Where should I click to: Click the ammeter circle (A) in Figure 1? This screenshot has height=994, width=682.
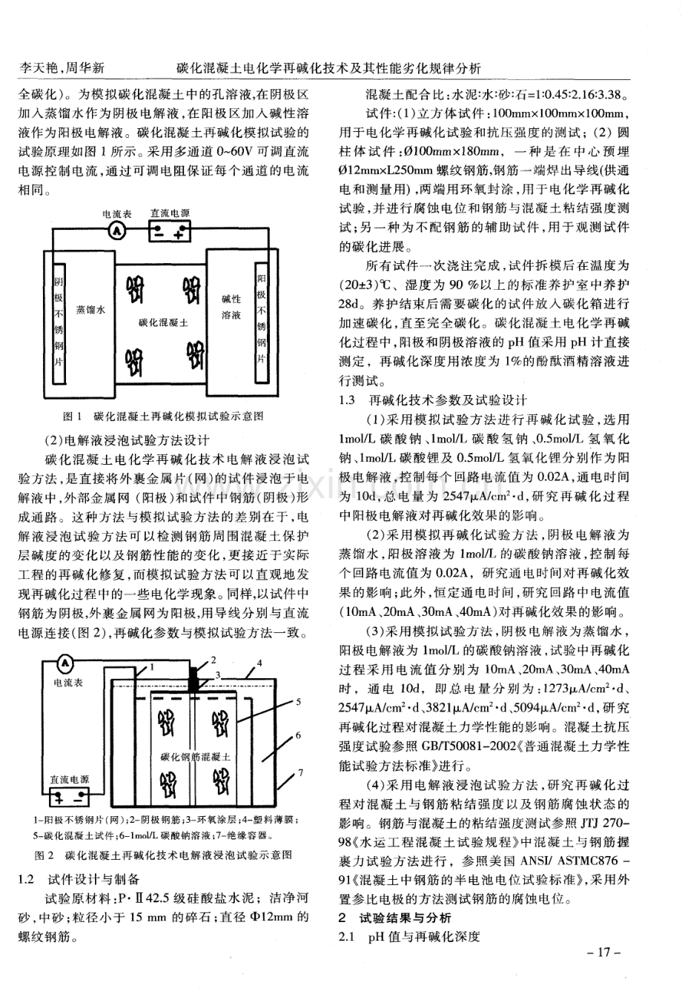point(116,232)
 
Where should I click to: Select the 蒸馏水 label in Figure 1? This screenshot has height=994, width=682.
point(90,311)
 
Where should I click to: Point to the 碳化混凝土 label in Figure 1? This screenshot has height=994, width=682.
point(163,324)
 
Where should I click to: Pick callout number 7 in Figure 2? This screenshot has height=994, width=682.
point(300,773)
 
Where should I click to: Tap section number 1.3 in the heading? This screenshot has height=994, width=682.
point(348,400)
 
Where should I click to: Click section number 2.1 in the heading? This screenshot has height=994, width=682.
point(348,937)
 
